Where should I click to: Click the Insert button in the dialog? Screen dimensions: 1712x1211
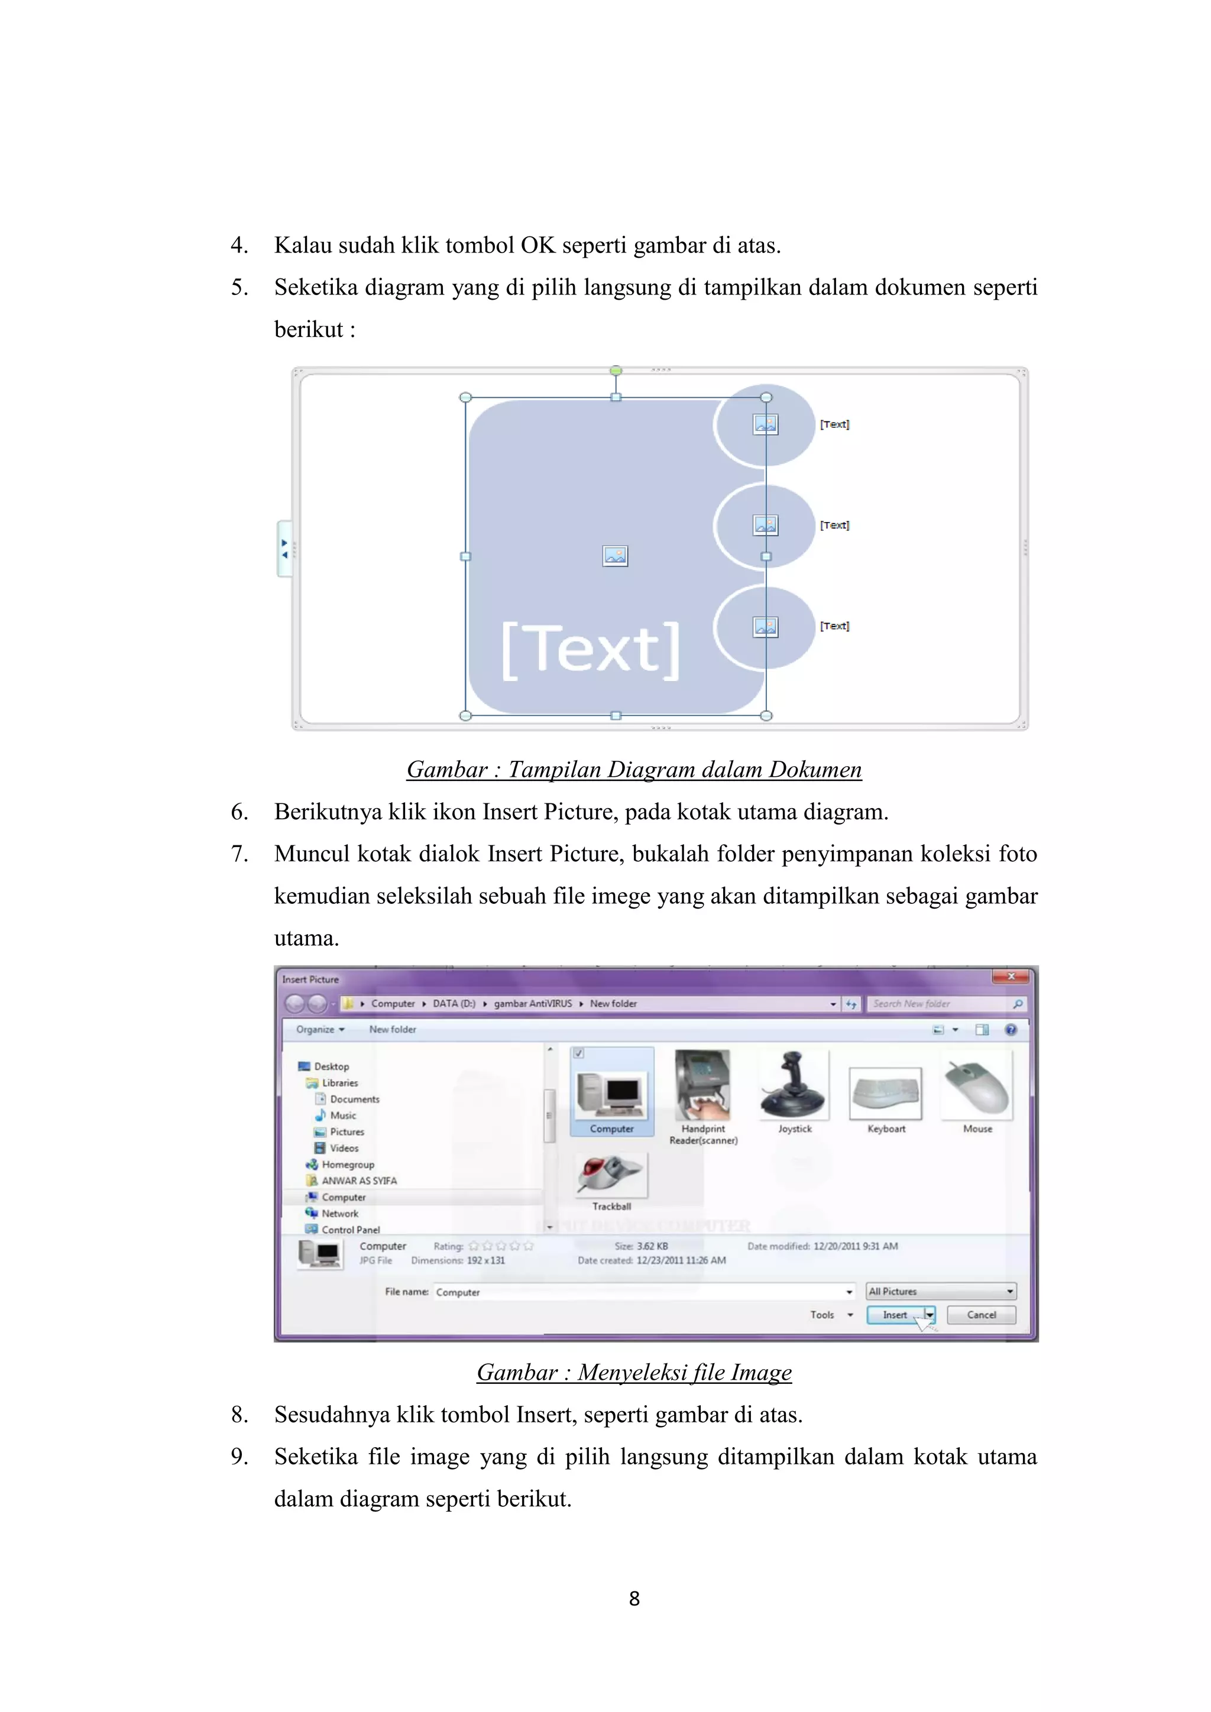(894, 1315)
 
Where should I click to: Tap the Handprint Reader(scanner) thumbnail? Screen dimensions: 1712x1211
(702, 1085)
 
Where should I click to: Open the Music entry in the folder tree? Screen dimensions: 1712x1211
(343, 1116)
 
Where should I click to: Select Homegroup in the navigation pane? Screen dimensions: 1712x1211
(348, 1165)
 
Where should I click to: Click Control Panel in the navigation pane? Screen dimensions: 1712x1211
(351, 1230)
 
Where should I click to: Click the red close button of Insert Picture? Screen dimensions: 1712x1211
(1011, 977)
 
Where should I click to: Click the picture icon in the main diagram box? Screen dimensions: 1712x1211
(615, 556)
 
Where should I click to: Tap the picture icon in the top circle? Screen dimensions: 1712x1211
(766, 424)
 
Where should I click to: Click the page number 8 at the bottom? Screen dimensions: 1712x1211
(634, 1598)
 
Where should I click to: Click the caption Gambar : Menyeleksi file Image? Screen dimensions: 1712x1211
(634, 1372)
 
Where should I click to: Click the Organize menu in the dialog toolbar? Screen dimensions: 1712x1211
(320, 1029)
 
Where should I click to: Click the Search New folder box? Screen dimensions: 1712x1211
(940, 1004)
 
